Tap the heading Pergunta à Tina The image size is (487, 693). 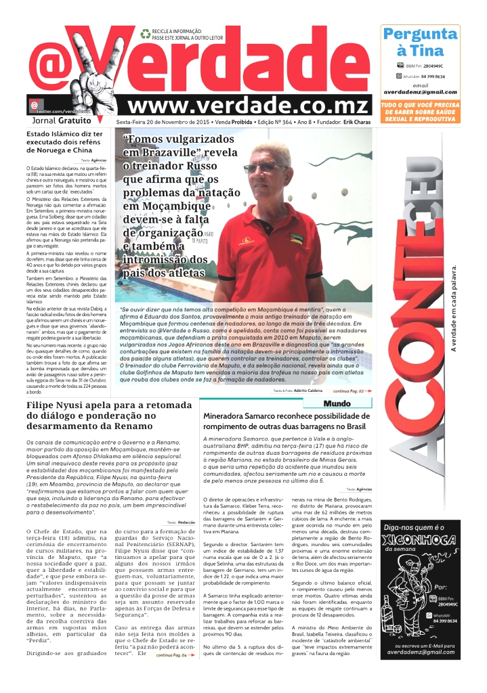pos(419,42)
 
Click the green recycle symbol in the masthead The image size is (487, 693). pos(145,33)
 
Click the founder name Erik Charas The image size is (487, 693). pos(356,121)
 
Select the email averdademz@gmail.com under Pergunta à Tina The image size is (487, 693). pos(420,91)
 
